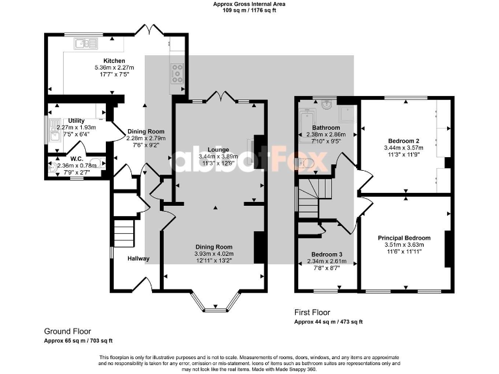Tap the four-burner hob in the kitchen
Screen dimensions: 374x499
(177, 73)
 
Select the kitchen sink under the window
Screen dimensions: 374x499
(85, 44)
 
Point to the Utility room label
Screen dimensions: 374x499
(76, 121)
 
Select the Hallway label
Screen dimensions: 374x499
(138, 258)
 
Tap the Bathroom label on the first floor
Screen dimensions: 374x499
(326, 128)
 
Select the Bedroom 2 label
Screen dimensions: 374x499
(404, 141)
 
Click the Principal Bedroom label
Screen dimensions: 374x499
(404, 238)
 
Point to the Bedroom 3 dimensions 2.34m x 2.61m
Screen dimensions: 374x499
(327, 262)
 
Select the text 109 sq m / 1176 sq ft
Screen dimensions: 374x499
(249, 10)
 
